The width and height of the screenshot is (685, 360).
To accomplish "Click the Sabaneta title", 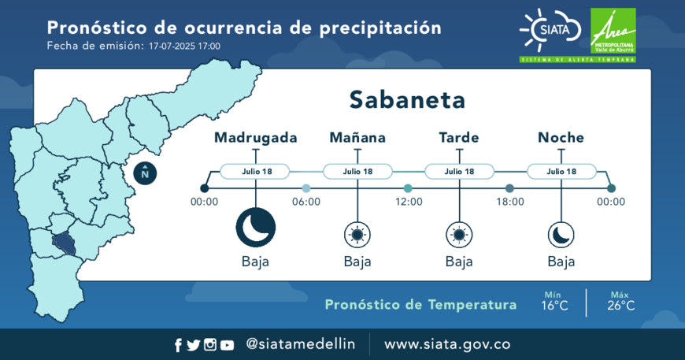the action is pos(407,100).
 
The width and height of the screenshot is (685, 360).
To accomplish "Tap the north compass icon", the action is pos(145,173).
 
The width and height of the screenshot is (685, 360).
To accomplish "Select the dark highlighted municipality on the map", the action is pos(65,243).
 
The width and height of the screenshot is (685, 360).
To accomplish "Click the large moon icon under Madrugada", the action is pos(256,228).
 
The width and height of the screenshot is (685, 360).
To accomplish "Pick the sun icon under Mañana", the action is pos(357,235).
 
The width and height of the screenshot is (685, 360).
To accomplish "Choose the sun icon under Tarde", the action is pos(459,235).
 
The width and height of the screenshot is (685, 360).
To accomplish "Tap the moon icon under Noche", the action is pos(561,235).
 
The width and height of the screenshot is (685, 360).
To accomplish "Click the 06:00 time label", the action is pos(306,202).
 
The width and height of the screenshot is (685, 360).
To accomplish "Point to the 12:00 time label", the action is pos(409,202).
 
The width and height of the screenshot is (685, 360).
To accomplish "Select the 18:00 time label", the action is pos(510,202).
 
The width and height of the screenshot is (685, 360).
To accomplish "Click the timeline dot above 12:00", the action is pos(408,188).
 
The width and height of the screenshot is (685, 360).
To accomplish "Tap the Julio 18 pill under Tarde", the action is pos(459,171).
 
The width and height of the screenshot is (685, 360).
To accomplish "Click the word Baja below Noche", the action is pos(561,262).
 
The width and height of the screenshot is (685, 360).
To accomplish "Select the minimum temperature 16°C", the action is pos(555,306).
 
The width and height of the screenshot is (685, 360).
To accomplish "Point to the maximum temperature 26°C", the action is pos(620,306).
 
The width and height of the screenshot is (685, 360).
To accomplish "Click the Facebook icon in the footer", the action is pos(178,345).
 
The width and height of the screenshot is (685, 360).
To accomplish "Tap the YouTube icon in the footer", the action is pos(227,346).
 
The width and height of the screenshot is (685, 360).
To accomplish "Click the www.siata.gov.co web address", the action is pos(447,344).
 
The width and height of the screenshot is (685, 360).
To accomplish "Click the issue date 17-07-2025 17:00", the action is pos(184,46).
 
